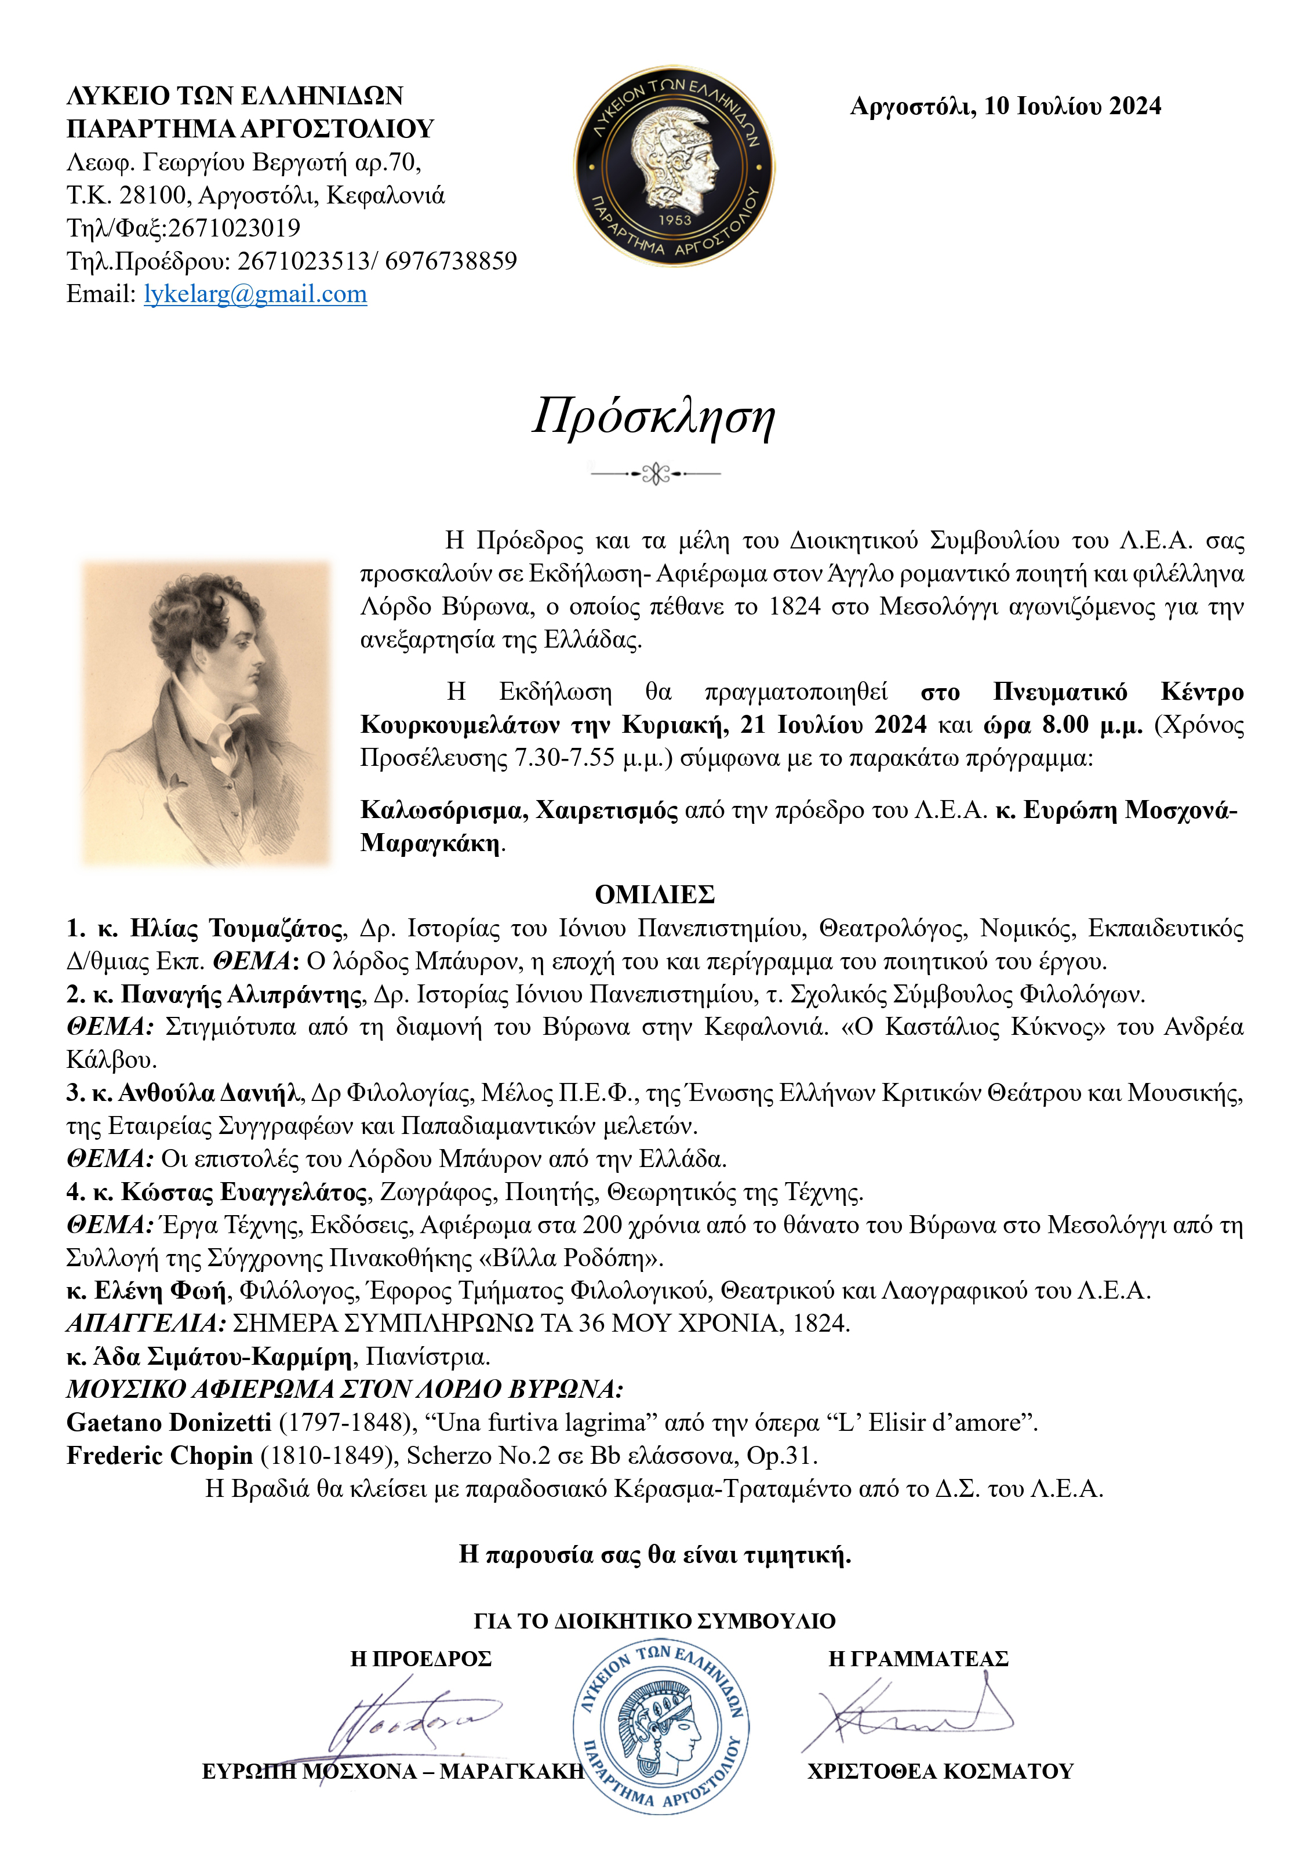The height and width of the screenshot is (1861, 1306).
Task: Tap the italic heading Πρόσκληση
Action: (x=653, y=417)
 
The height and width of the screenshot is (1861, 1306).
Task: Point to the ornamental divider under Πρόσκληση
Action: (x=655, y=473)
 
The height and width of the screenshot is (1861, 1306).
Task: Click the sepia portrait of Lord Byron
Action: (x=207, y=713)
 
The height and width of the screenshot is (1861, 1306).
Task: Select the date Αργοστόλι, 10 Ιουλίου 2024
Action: (x=1005, y=106)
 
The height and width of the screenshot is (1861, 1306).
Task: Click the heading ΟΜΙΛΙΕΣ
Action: (x=654, y=894)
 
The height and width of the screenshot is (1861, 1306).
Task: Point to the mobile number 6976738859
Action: (x=451, y=261)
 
